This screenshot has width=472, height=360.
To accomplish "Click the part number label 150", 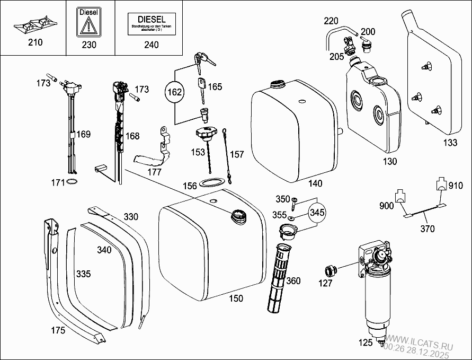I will (236, 298).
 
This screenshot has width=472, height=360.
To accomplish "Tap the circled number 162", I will (175, 92).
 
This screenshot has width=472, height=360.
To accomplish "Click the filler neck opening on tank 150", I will (237, 215).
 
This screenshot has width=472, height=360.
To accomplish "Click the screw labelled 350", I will (296, 201).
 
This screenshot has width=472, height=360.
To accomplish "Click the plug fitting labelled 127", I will (331, 270).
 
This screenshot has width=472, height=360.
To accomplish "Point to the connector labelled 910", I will (440, 185).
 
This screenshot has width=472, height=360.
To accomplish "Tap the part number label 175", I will (58, 330).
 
